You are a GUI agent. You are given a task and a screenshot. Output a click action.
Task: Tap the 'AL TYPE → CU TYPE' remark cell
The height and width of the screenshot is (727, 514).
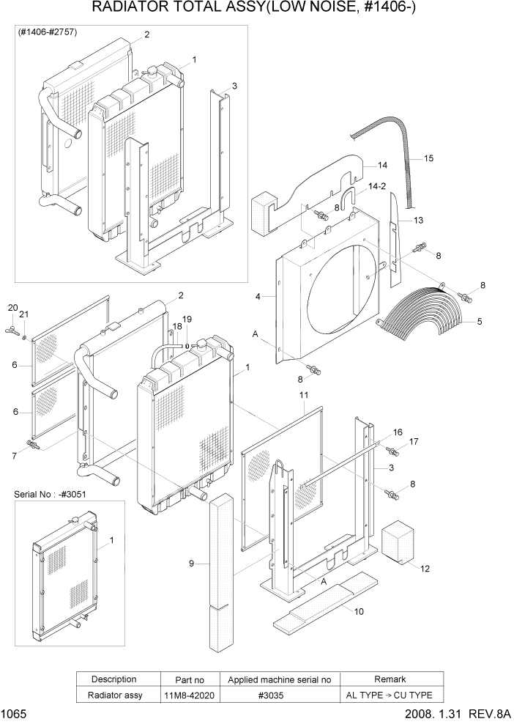point(390,695)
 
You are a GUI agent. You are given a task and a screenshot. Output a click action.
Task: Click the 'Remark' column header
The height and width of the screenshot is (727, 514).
point(390,679)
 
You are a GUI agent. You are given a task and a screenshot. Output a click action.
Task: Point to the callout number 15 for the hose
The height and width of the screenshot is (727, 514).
point(429,158)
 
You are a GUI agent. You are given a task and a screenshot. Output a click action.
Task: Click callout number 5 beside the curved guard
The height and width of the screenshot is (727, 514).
point(479,320)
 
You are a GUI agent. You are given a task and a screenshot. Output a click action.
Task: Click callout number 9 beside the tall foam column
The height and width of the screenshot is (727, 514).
point(191,563)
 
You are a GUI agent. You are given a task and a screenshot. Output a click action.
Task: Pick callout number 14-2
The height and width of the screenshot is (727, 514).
point(377,187)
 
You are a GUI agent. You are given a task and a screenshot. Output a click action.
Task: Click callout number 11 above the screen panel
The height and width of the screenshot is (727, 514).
point(304,395)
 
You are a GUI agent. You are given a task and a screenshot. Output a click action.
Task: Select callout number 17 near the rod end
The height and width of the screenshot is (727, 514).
point(414,441)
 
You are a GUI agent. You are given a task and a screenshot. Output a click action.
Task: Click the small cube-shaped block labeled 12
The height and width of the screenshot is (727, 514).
point(401,542)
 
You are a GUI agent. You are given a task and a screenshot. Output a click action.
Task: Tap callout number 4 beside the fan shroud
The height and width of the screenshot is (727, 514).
point(258,297)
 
